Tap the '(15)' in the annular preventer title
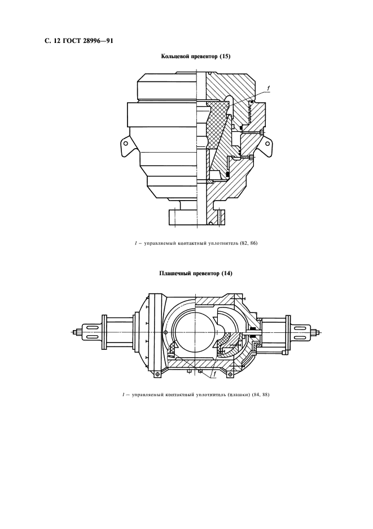[x=224, y=57]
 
